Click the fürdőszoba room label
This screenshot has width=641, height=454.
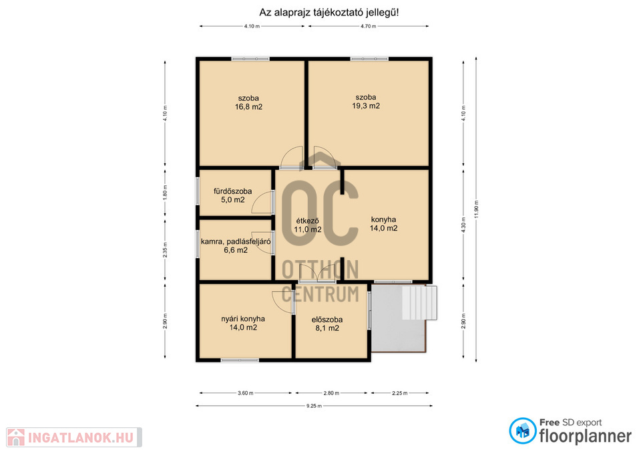pyautogui.click(x=232, y=191)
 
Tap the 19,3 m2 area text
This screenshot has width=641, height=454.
pyautogui.click(x=366, y=106)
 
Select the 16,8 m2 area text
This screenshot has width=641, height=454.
pyautogui.click(x=248, y=107)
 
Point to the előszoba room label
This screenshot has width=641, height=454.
pyautogui.click(x=327, y=320)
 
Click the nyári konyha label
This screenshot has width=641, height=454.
pyautogui.click(x=243, y=319)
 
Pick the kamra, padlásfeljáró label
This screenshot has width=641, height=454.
pyautogui.click(x=236, y=241)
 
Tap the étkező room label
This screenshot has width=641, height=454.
pyautogui.click(x=307, y=221)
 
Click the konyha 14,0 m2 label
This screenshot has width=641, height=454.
pyautogui.click(x=383, y=224)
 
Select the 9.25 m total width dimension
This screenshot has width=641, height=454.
pyautogui.click(x=314, y=406)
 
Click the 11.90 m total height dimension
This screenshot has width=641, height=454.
pyautogui.click(x=476, y=209)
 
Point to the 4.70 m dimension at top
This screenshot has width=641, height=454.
pyautogui.click(x=368, y=26)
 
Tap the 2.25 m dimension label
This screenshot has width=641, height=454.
pyautogui.click(x=399, y=393)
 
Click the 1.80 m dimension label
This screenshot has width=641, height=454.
pyautogui.click(x=165, y=193)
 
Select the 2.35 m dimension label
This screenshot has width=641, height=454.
pyautogui.click(x=165, y=249)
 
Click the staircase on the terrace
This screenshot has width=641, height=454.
pyautogui.click(x=419, y=302)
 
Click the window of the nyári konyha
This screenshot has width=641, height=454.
pyautogui.click(x=240, y=360)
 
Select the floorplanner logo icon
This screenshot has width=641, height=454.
pyautogui.click(x=522, y=431)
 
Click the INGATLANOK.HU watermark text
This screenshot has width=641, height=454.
pyautogui.click(x=81, y=438)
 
